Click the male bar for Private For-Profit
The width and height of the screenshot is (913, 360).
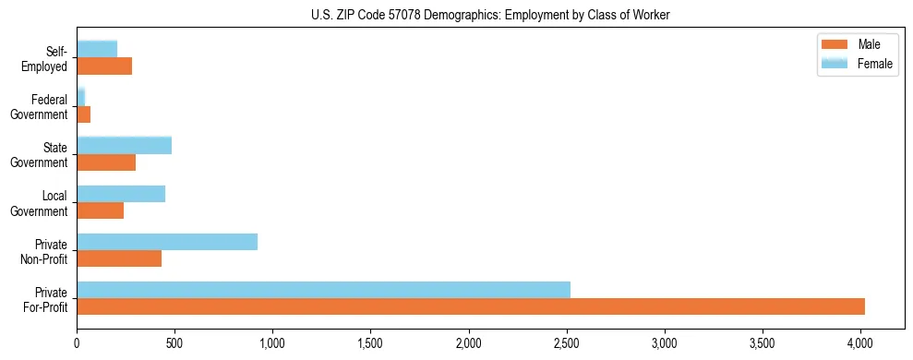click(471, 306)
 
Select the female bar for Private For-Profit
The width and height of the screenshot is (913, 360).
click(323, 290)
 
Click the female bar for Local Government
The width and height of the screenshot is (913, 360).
click(121, 194)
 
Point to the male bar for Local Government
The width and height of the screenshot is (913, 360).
click(100, 210)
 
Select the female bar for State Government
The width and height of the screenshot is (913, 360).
click(124, 145)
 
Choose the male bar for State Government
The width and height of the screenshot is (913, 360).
click(106, 162)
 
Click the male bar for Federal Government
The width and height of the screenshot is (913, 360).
click(83, 114)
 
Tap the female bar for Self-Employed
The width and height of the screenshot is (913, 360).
click(97, 49)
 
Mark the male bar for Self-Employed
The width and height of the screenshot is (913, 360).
click(104, 66)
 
